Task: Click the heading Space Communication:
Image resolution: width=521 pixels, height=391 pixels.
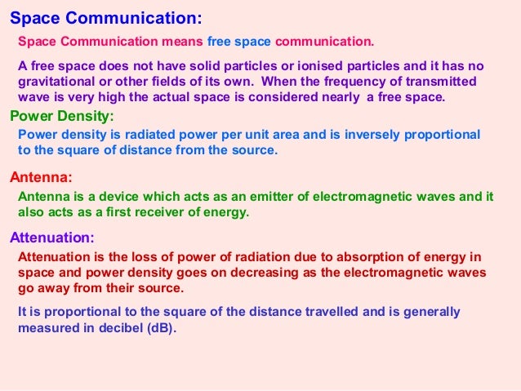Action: click(x=106, y=18)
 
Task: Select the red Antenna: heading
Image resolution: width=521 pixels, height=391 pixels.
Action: click(x=41, y=176)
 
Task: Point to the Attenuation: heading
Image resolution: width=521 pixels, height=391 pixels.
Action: click(x=52, y=238)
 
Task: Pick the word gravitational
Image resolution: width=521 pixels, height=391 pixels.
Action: click(x=56, y=82)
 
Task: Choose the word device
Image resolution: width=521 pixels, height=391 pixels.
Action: click(x=119, y=196)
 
